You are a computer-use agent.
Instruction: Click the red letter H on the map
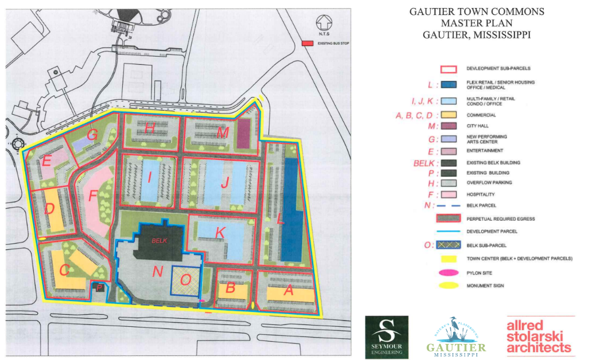(x=150, y=130)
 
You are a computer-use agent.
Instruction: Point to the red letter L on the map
(x=280, y=219)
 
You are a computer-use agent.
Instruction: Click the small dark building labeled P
(x=100, y=288)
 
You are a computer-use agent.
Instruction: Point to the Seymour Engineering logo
(x=387, y=337)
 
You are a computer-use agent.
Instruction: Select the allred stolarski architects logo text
(x=539, y=337)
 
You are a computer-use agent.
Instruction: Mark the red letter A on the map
(x=288, y=291)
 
